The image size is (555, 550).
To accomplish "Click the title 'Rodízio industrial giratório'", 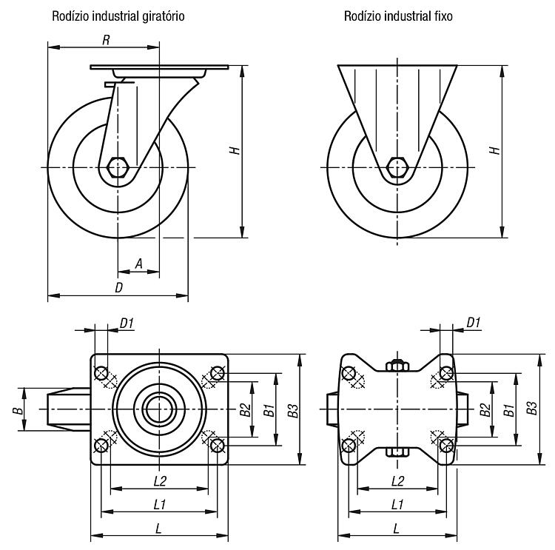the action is point(118,16).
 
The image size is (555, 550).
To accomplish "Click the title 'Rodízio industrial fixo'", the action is point(398,16).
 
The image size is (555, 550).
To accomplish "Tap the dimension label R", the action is point(106,41).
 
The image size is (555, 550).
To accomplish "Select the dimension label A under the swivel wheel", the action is point(139,264).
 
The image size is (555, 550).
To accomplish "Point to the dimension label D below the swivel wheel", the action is point(119,287).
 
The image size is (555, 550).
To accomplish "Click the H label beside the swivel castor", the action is point(235,150).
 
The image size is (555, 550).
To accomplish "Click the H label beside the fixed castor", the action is point(494,150).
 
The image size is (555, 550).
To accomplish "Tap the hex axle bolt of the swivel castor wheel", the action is point(118,167).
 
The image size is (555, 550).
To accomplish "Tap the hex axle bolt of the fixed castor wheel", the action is point(397,167).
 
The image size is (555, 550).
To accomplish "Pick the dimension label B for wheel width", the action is point(18,410).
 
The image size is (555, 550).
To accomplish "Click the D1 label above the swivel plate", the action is point(127,323).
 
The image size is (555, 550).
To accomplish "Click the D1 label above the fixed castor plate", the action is point(474,323).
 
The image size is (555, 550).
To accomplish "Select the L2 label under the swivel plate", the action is point(160,480).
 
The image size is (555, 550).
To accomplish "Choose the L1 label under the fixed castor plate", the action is point(397,504).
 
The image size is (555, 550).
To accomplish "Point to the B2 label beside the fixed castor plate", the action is point(485,410).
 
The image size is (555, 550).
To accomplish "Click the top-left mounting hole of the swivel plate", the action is point(101,373).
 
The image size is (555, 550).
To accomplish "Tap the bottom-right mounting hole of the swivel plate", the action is point(217,445).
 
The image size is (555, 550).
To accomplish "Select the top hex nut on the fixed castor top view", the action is point(397,365).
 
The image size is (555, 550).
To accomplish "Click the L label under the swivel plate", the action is point(159,529).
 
